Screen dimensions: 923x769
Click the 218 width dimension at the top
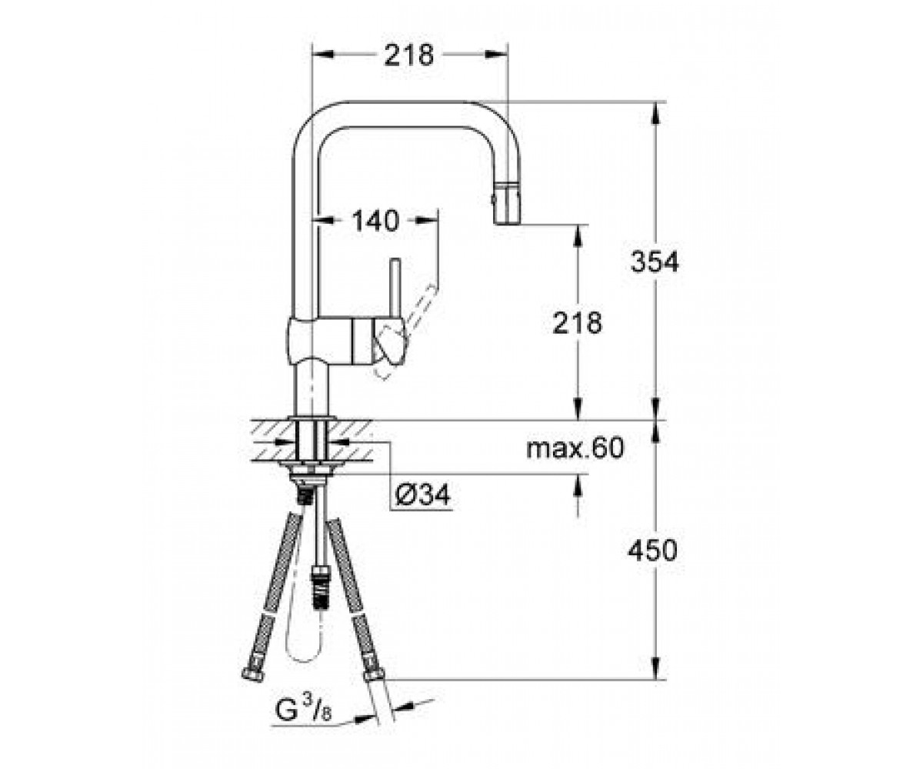click(x=409, y=55)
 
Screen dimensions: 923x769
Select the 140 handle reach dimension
click(x=376, y=221)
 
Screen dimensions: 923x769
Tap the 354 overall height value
click(x=655, y=261)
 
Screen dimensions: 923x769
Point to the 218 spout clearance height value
click(x=578, y=323)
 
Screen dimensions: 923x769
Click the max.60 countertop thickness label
click(x=575, y=448)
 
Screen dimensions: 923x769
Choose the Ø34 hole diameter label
click(x=422, y=494)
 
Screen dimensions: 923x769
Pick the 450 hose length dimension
click(x=652, y=551)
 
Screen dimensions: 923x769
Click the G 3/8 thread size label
click(x=303, y=710)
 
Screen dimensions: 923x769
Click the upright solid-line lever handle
click(x=395, y=289)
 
